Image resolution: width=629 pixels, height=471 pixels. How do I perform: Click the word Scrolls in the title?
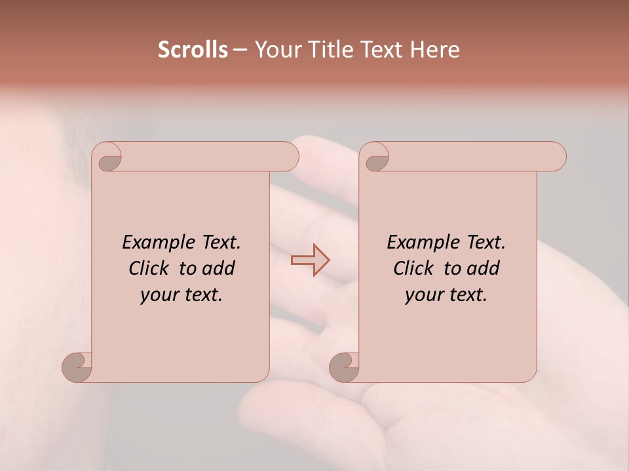193,50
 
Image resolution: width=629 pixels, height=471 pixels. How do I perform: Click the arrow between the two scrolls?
311,260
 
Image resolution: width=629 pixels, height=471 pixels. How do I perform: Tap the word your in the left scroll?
157,296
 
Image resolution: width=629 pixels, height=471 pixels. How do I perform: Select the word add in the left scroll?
219,268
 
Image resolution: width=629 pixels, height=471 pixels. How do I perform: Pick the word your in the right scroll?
421,296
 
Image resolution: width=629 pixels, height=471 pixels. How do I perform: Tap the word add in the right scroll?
484,268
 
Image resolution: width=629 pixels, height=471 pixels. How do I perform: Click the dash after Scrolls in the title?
240,50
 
